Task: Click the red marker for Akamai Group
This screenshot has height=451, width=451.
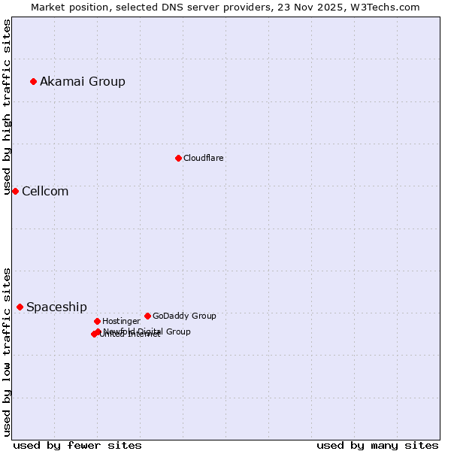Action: (33, 81)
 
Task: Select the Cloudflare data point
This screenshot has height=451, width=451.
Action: (178, 158)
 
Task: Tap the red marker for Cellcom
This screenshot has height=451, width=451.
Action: (15, 191)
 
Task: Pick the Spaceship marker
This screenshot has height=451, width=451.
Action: (20, 307)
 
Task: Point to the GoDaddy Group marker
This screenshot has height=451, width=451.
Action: (147, 316)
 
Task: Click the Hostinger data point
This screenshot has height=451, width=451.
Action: (97, 321)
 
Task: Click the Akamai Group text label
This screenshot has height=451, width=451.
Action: (83, 81)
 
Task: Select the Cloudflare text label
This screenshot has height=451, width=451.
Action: (203, 158)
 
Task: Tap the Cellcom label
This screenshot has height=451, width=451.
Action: (45, 191)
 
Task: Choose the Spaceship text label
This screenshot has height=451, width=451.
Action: (56, 307)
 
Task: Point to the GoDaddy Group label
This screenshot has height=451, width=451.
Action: (184, 316)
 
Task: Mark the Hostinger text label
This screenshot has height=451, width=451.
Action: (121, 321)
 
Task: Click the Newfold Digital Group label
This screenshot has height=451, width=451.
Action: (147, 331)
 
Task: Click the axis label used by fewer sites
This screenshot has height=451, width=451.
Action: (77, 445)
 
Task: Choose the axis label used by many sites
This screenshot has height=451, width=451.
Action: (377, 445)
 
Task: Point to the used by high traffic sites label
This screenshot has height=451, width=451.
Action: (7, 107)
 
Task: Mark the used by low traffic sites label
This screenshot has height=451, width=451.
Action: (7, 352)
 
